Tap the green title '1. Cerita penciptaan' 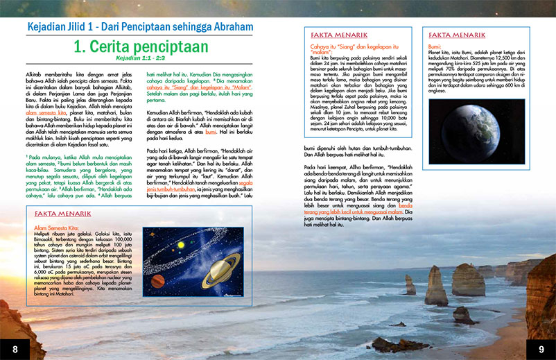click(x=141, y=46)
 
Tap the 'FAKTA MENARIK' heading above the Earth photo click(x=457, y=35)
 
